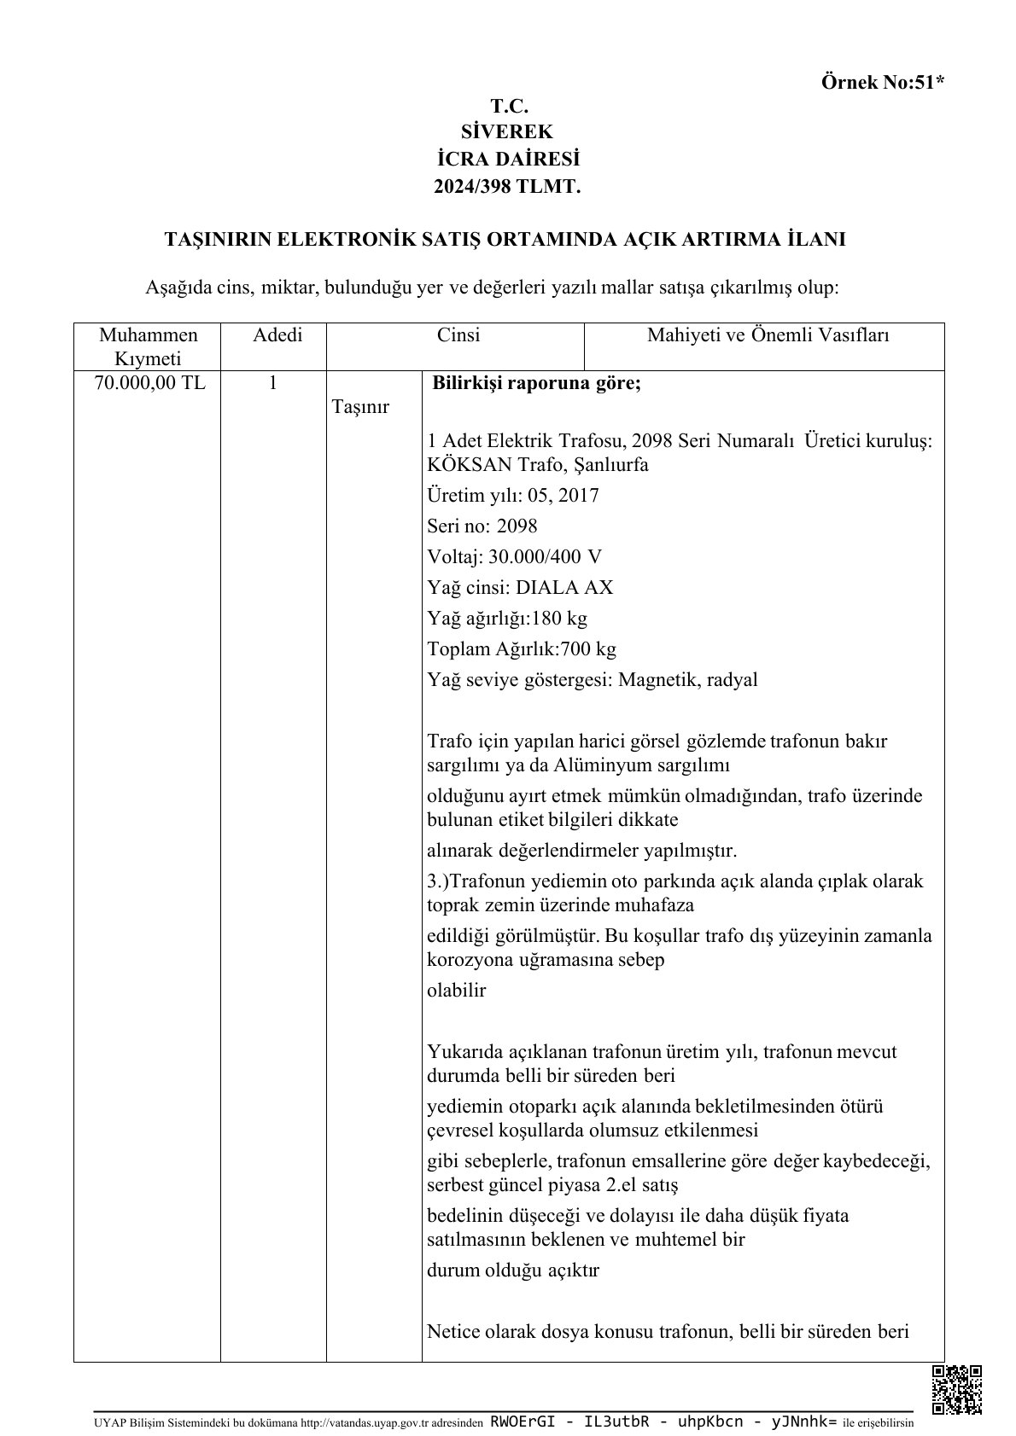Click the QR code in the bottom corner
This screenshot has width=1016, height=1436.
pos(956,1389)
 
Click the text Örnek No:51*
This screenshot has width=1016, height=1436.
pos(883,83)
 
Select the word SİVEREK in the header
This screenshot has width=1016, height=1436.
pos(507,132)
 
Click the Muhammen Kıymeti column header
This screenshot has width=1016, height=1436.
pos(148,346)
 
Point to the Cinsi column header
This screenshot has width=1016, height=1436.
pos(458,335)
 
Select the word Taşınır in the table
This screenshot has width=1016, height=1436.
pos(360,407)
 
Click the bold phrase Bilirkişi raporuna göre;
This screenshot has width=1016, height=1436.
pos(537,383)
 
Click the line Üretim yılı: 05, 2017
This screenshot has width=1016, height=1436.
pos(513,496)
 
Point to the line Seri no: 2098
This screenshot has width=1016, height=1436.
pos(482,526)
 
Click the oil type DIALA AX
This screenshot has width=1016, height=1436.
pos(564,588)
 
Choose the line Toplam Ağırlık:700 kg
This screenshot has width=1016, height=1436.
pos(522,649)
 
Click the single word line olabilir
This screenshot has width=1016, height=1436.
pos(456,991)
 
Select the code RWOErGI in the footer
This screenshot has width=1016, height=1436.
pos(523,1422)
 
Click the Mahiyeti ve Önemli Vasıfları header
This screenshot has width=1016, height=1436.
pos(768,335)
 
